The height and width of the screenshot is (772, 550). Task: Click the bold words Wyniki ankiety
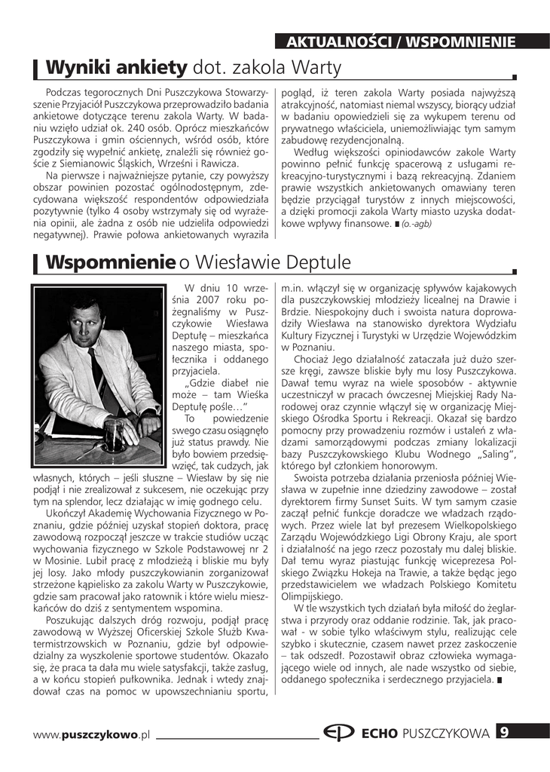pos(116,69)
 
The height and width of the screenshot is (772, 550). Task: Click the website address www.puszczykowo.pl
pos(92,734)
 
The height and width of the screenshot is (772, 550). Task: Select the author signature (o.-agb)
pos(416,225)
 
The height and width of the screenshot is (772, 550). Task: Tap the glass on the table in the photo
pos(114,433)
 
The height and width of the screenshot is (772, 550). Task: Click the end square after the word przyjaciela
pos(499,681)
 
